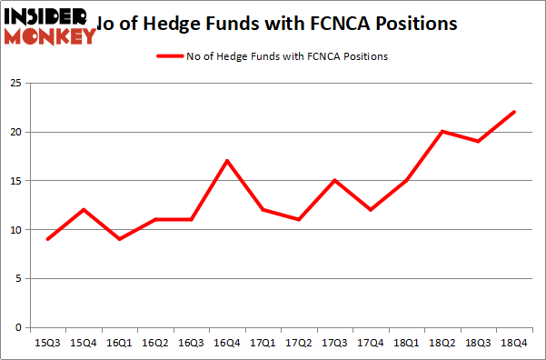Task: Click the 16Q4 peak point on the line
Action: (226, 161)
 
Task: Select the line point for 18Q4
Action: (514, 112)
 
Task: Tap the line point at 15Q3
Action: (48, 239)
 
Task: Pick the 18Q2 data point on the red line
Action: (442, 132)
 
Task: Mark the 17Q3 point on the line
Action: (334, 180)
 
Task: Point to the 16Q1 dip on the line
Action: (119, 239)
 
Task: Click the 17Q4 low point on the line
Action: (371, 210)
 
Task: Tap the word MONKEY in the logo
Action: (51, 36)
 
